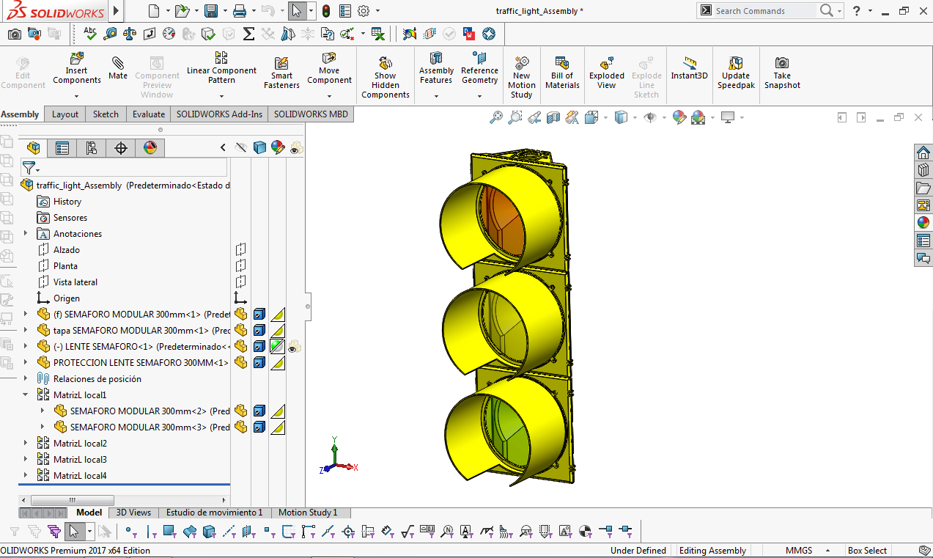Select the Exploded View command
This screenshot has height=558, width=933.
point(606,72)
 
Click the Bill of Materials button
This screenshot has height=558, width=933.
point(562,72)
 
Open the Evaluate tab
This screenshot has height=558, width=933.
point(148,114)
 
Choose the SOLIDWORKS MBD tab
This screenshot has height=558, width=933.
point(311,114)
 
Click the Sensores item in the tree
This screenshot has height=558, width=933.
point(70,218)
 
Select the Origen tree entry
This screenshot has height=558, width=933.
point(66,298)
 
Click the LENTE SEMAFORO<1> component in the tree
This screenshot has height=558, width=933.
point(103,347)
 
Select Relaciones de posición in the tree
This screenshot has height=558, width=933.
point(97,379)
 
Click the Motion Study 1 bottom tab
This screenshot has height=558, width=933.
point(308,513)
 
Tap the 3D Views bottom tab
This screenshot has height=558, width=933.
point(133,513)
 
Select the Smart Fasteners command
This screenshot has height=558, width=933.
point(281,72)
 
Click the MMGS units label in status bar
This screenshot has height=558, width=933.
point(799,551)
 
